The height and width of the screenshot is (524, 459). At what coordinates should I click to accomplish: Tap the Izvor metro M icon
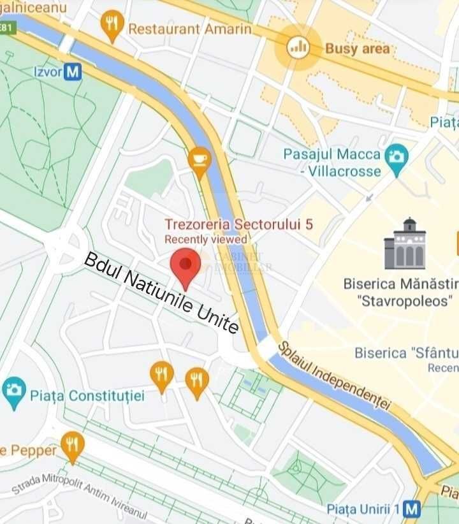point(73,71)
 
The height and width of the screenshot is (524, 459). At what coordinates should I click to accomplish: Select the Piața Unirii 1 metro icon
point(412,509)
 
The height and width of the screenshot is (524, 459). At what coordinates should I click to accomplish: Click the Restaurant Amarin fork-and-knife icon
point(112,24)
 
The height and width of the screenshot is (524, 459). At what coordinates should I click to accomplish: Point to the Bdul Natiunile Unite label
point(162,293)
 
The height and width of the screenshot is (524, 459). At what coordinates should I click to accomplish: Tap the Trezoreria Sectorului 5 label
point(238,224)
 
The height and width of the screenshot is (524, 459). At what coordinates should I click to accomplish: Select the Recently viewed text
point(206,240)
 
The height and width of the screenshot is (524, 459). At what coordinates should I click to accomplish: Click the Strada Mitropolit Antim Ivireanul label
point(80,496)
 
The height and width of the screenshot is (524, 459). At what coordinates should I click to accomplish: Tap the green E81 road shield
point(6,28)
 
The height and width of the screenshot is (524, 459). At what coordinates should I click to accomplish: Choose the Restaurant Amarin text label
point(190,29)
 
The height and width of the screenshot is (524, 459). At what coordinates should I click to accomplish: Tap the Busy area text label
point(357,48)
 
